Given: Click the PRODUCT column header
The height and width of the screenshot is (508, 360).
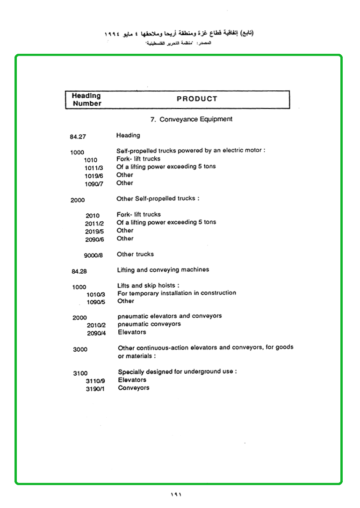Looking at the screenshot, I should [x=197, y=99].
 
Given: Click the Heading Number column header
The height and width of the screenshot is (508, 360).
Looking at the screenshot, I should [x=86, y=100].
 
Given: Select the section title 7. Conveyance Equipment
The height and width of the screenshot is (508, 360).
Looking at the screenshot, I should [x=191, y=119].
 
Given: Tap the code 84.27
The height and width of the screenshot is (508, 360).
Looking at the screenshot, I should [x=78, y=137].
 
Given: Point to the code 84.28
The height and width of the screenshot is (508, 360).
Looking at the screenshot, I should [x=79, y=271].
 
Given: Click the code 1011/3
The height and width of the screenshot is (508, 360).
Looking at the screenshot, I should [x=94, y=167].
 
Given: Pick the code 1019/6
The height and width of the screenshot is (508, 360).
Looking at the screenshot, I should [x=94, y=175].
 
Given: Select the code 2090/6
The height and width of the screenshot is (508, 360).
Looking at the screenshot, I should [x=95, y=239].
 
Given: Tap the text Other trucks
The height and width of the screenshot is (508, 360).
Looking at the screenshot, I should [x=135, y=254].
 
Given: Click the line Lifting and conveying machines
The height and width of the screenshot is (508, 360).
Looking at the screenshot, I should [x=163, y=270].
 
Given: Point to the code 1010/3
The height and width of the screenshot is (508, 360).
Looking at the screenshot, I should [x=96, y=294].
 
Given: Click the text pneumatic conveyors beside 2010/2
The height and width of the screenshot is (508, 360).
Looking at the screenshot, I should [x=149, y=324].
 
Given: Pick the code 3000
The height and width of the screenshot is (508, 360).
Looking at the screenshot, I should [x=80, y=349].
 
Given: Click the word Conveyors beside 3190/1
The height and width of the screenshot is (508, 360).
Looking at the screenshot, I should [x=134, y=388].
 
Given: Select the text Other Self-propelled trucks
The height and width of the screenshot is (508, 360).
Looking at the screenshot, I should [x=158, y=198].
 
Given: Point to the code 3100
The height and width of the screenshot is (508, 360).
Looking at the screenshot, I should [x=80, y=373].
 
